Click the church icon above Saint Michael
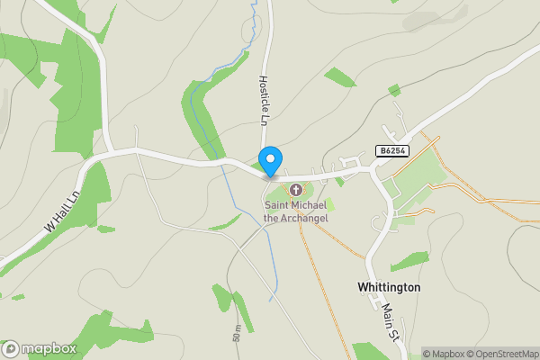[x=295, y=190]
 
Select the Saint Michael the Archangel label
[x=295, y=211]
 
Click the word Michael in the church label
[x=310, y=206]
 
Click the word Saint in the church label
[x=277, y=206]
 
